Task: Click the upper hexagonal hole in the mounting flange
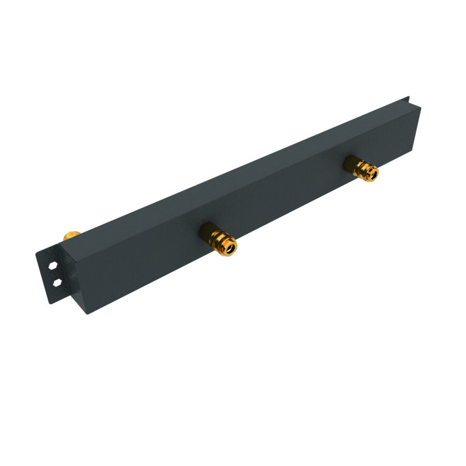point(53,265)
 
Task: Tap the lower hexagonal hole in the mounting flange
point(56,282)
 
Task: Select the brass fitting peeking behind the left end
point(71,236)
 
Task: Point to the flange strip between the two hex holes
point(54,274)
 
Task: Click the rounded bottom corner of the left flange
point(51,302)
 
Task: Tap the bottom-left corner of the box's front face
point(86,313)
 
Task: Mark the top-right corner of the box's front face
point(420,108)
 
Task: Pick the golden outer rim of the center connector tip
point(235,243)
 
